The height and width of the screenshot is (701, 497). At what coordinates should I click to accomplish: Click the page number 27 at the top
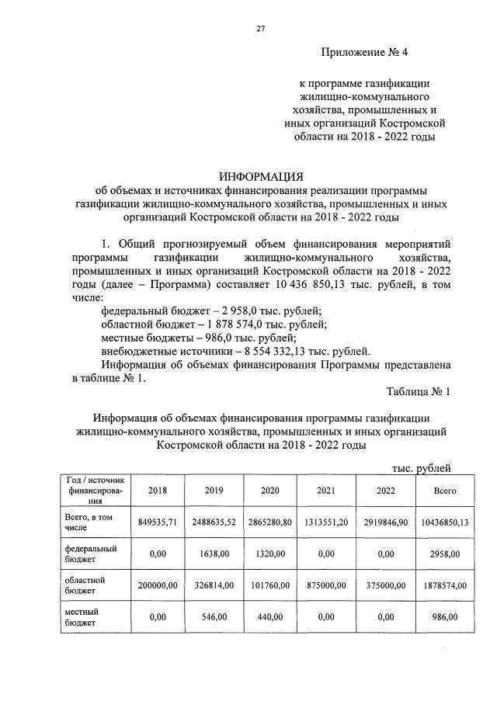(261, 29)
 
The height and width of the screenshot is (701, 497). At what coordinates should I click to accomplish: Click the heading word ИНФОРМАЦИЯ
(260, 175)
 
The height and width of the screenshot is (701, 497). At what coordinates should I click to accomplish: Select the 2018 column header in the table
(158, 491)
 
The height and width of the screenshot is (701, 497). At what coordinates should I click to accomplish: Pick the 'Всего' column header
(445, 491)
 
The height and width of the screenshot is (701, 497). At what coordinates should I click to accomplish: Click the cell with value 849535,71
(158, 522)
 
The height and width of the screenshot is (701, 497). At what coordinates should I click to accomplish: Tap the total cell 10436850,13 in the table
(445, 522)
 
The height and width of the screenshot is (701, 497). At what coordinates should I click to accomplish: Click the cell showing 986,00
(445, 616)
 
